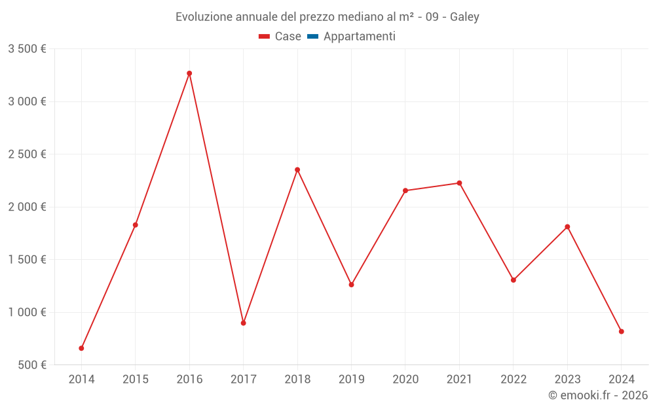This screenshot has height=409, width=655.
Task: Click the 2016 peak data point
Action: point(189,73)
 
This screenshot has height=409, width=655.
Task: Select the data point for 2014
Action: point(81,348)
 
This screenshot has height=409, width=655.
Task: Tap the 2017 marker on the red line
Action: point(243,323)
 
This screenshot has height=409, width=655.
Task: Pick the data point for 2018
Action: point(297,169)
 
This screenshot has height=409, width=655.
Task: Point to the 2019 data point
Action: point(351,285)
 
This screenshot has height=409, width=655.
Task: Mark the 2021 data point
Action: point(459,183)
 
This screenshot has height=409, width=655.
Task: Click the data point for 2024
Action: point(621,332)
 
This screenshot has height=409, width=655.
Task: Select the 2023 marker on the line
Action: point(567,227)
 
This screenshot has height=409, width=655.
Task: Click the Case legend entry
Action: point(288,37)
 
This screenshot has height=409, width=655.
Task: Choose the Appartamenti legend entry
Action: point(359,37)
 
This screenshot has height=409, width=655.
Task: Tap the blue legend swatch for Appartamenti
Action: point(312,37)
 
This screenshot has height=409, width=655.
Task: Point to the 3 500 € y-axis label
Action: point(27,49)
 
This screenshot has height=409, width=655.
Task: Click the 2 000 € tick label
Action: point(27,207)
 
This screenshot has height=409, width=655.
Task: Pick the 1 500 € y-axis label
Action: point(27,260)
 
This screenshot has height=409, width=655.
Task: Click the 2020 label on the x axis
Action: point(405,380)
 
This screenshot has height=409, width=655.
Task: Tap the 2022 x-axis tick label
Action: point(514,380)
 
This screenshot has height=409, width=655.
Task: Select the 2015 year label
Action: point(136,380)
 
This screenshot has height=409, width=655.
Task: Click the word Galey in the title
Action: point(464,17)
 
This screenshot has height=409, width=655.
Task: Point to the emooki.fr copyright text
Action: point(598,395)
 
